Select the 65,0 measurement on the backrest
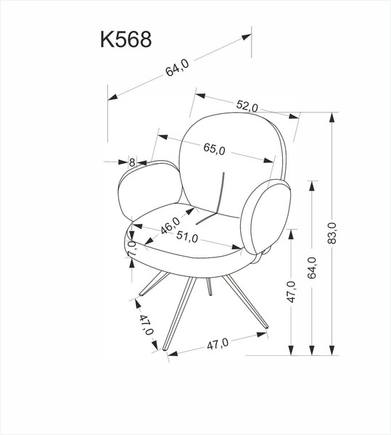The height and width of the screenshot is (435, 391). (x=215, y=149)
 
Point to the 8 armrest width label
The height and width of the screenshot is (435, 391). (x=132, y=162)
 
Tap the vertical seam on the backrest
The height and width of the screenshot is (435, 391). (x=222, y=191)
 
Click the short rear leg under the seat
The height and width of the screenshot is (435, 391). (x=209, y=287)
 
